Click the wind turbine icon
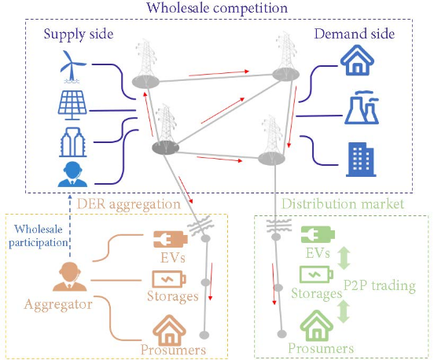pos(72,66)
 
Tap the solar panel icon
pos(72,105)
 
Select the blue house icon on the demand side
pos(357,61)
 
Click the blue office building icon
pos(361,160)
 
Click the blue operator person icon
pos(72,174)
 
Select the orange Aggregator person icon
pos(70,277)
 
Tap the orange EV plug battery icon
pos(171,239)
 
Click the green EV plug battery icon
pos(318,235)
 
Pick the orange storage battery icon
pos(169,279)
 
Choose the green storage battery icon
pos(316,274)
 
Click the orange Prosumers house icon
pos(169,330)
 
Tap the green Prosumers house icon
pos(317,325)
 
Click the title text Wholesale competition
pos(217,8)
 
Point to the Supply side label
pos(79,35)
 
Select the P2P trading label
pos(380,285)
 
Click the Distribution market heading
pos(343,204)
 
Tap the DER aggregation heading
pos(129,204)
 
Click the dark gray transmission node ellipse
pos(166,148)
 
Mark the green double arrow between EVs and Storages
pos(344,258)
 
